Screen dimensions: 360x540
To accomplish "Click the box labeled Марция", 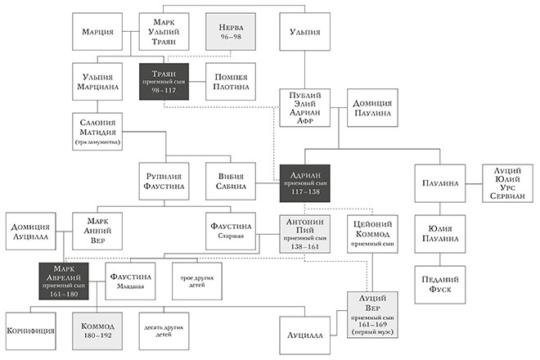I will [x=97, y=32].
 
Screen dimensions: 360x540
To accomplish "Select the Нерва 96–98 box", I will [x=231, y=32].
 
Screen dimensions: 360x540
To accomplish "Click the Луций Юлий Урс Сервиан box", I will [x=506, y=183].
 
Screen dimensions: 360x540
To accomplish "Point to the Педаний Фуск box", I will [x=439, y=283].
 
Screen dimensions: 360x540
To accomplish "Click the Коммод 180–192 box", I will [x=97, y=331].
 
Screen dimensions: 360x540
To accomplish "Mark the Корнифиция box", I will [x=30, y=331].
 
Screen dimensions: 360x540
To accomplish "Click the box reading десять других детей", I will [x=164, y=331].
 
